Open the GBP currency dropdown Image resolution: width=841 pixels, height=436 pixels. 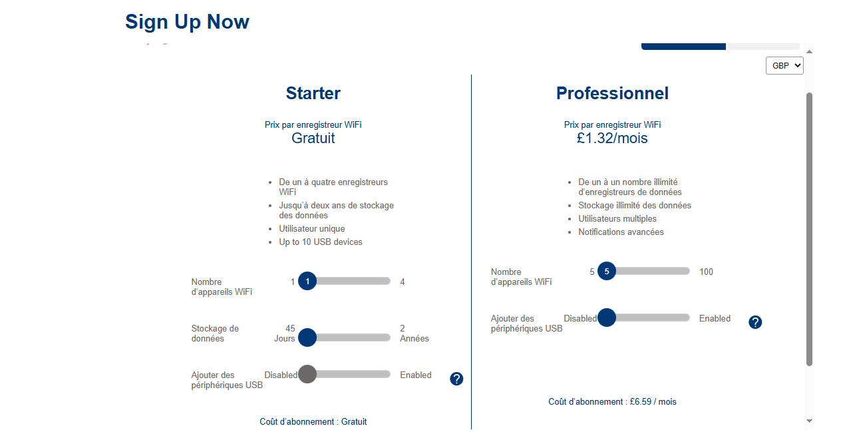[784, 66]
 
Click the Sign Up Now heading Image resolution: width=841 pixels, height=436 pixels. [187, 21]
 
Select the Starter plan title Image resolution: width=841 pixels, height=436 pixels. [313, 93]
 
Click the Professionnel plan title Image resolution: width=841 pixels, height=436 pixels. [612, 93]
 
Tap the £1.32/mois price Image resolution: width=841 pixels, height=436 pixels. [612, 138]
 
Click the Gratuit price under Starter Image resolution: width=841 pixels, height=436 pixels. [313, 138]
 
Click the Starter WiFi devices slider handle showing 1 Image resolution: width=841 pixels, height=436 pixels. [307, 282]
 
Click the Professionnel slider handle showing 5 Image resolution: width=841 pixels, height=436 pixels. [607, 271]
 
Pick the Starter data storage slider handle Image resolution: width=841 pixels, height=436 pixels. [307, 337]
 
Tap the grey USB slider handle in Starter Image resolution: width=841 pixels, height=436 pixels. [307, 374]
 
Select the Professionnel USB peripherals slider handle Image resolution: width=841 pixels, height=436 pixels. [607, 318]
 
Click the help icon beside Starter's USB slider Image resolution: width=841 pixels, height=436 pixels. [456, 379]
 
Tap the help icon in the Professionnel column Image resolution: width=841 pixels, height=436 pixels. [755, 322]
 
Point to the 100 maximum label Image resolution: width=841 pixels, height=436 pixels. [706, 272]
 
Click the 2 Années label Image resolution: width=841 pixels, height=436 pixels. [414, 333]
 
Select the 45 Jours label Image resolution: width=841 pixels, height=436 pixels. [285, 333]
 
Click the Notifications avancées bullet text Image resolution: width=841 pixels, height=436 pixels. [621, 232]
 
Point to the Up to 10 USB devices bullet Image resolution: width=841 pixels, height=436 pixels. [321, 242]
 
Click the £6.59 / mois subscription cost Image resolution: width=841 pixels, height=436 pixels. [653, 402]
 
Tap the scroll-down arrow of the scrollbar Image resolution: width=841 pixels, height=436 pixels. [810, 421]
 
